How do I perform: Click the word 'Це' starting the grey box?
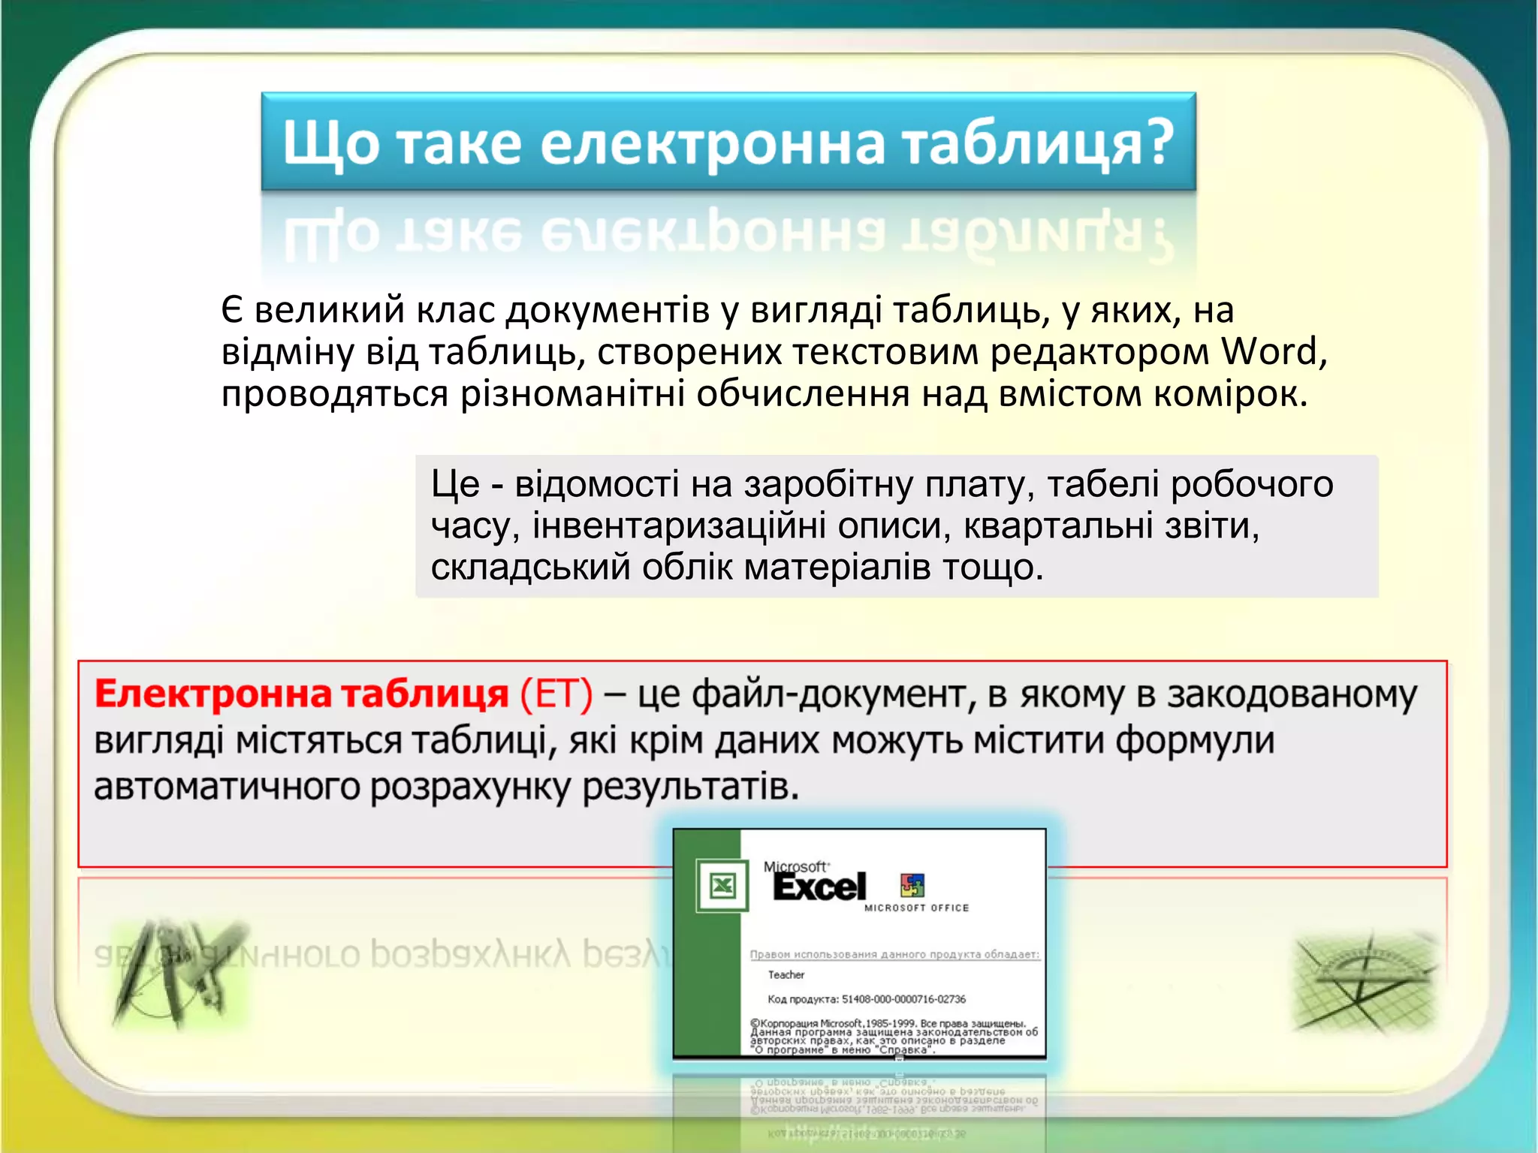[454, 484]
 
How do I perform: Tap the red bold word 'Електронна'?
[213, 694]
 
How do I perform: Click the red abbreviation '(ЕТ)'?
[556, 694]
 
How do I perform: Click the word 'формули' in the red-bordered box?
[1194, 742]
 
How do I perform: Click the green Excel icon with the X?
[722, 887]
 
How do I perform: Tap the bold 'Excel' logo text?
[819, 887]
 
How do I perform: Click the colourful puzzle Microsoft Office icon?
[912, 886]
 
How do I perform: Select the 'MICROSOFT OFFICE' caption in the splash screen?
[916, 908]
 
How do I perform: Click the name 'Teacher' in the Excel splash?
[786, 975]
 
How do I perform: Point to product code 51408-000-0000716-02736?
[903, 999]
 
